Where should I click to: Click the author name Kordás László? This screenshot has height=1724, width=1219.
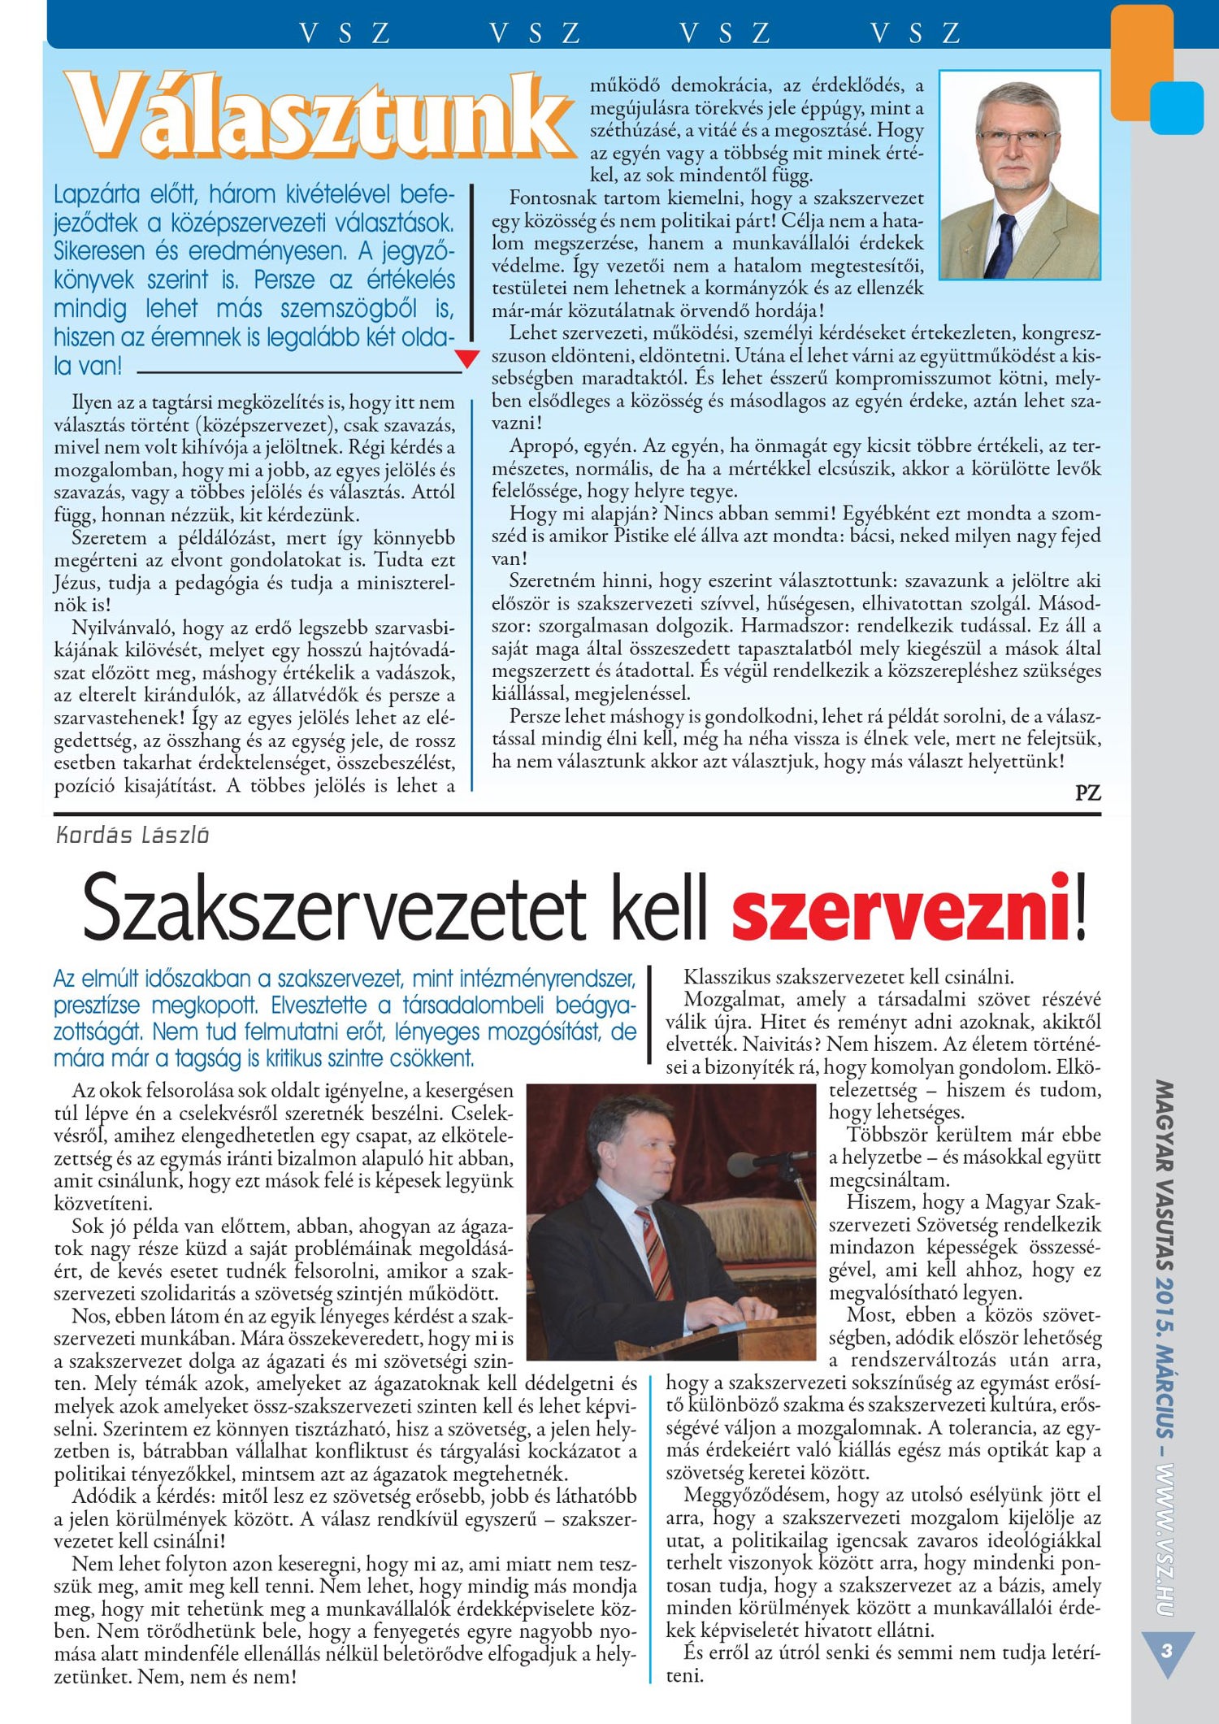pyautogui.click(x=132, y=835)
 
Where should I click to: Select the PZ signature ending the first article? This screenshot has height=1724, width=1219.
pyautogui.click(x=1087, y=792)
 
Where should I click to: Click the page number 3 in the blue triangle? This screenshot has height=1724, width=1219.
pyautogui.click(x=1168, y=1651)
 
